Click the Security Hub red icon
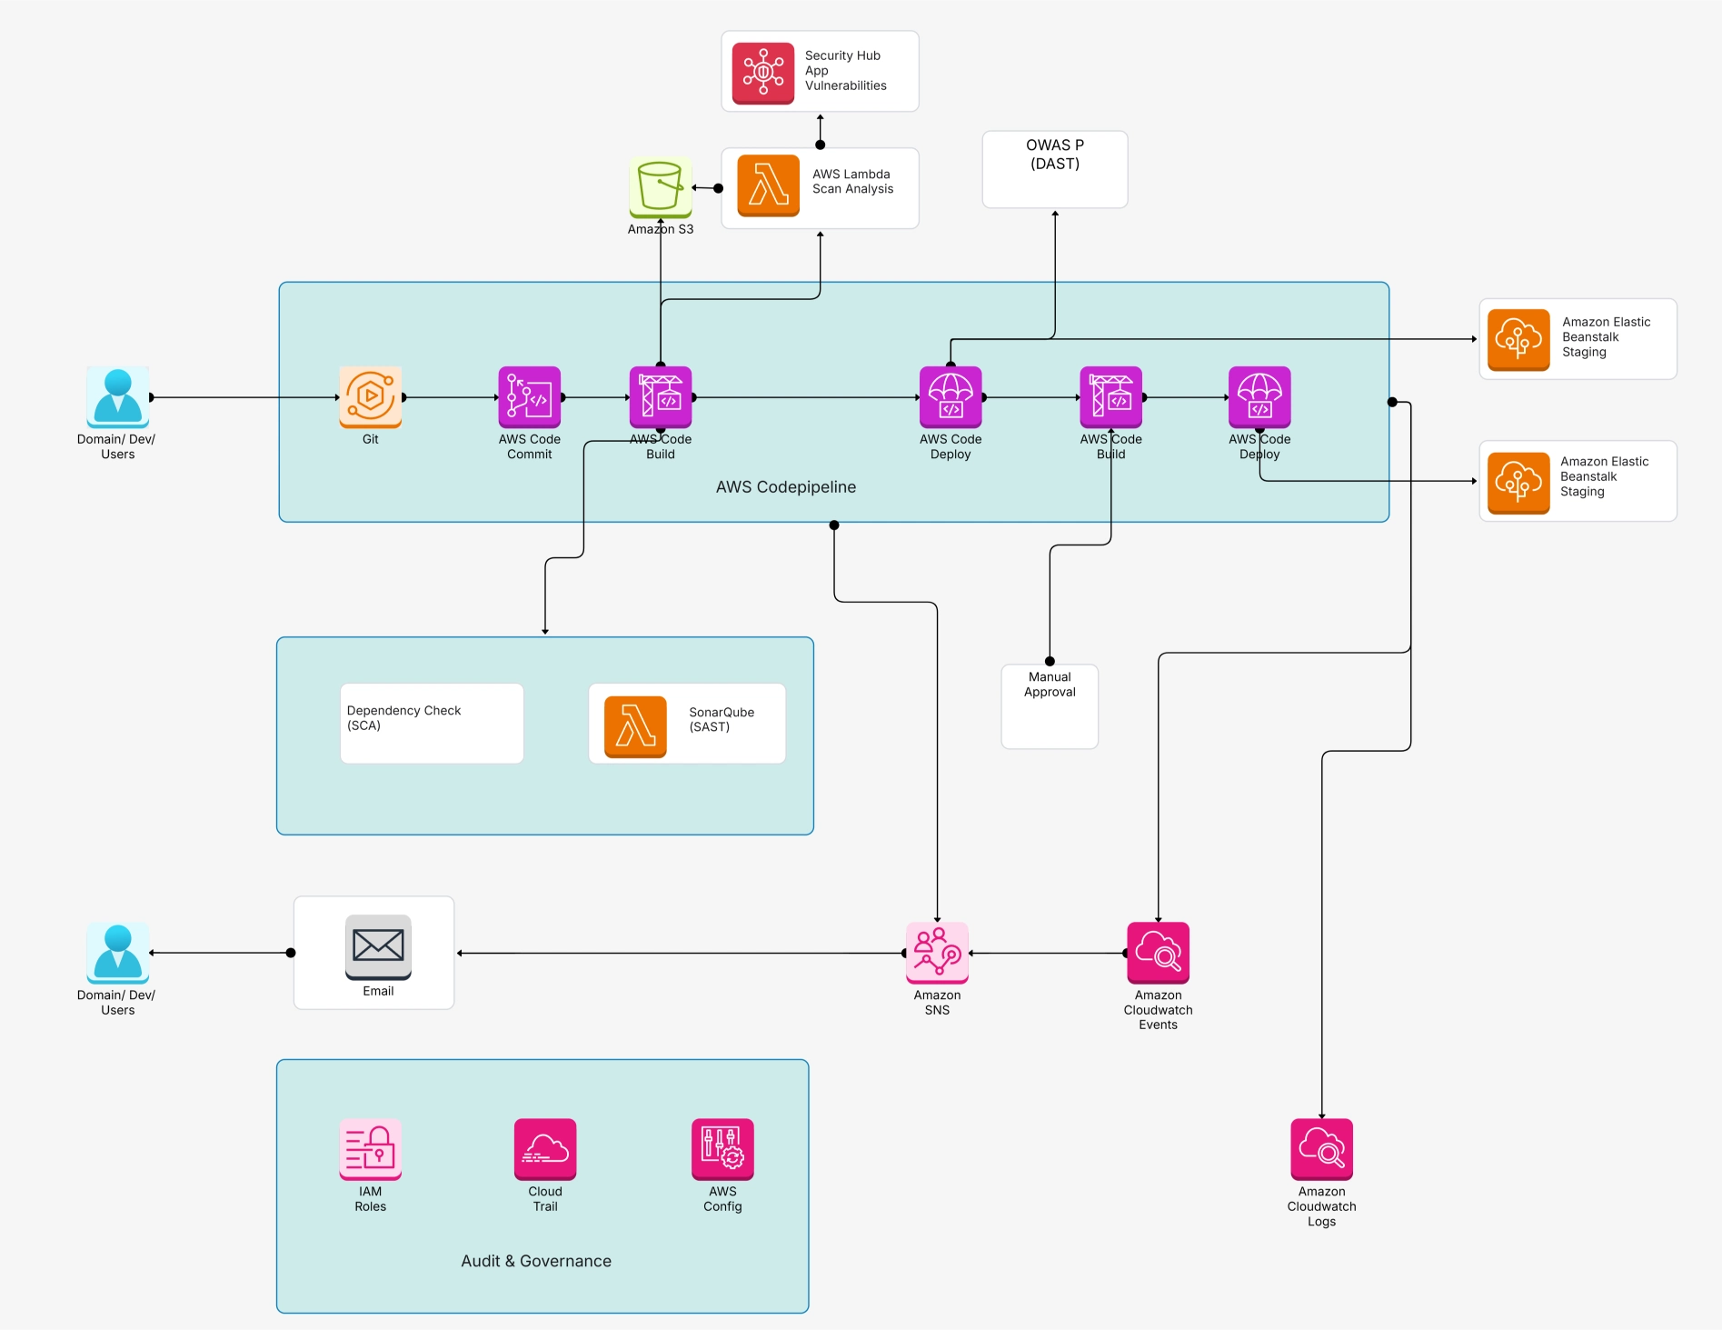point(763,73)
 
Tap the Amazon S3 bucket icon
point(661,187)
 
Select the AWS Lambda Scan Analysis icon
point(768,185)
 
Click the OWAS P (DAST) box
point(1054,170)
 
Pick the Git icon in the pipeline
point(371,397)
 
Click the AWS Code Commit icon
point(529,397)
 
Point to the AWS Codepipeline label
point(785,487)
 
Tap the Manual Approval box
point(1050,706)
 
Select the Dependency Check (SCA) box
point(432,724)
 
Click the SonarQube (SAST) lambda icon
point(635,726)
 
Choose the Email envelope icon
point(378,946)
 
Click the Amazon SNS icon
point(937,953)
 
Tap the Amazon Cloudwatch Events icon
point(1158,953)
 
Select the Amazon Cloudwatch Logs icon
point(1321,1149)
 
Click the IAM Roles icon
point(371,1149)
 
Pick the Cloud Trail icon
point(545,1149)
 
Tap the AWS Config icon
point(722,1149)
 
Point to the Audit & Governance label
point(536,1261)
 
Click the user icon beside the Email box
point(118,953)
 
